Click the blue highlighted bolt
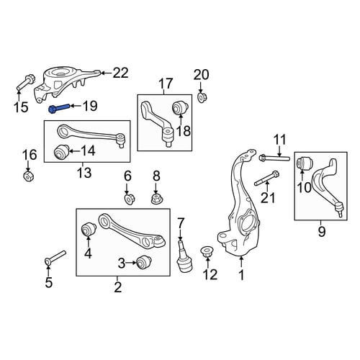pos(59,108)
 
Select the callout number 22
pos(120,73)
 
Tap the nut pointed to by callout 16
pos(29,176)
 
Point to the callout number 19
pos(90,106)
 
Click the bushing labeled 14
pos(60,151)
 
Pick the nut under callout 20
pos(202,97)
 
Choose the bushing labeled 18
pos(181,107)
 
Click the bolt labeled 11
pos(274,158)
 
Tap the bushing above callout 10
pos(305,163)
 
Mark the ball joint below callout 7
pos(184,256)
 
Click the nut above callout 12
pos(206,251)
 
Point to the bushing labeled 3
pos(143,263)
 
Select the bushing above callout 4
pos(89,230)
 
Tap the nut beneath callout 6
pos(130,199)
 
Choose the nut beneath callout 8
pos(156,199)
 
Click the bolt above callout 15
pos(26,82)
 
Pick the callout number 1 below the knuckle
pos(241,275)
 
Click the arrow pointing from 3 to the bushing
pos(131,263)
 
